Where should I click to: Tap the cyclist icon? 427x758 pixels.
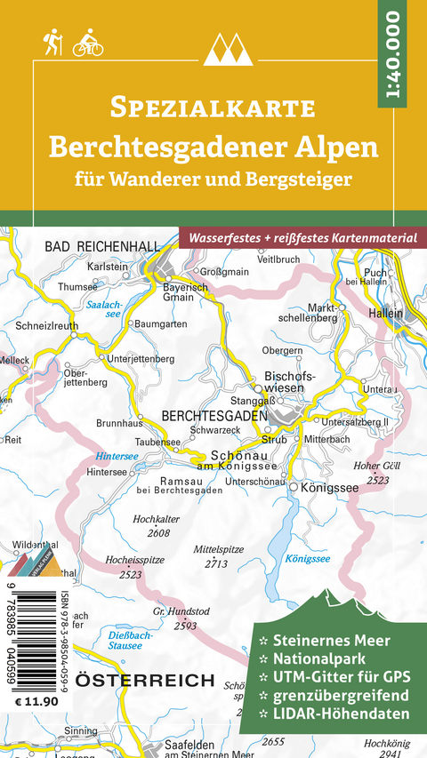(88, 44)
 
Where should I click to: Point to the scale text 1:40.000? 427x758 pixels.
(394, 54)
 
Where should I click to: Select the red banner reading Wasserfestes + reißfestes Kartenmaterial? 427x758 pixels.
(301, 237)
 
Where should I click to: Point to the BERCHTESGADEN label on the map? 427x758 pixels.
(214, 415)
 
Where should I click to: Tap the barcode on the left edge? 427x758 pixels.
(32, 634)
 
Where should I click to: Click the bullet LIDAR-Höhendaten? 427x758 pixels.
(339, 714)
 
